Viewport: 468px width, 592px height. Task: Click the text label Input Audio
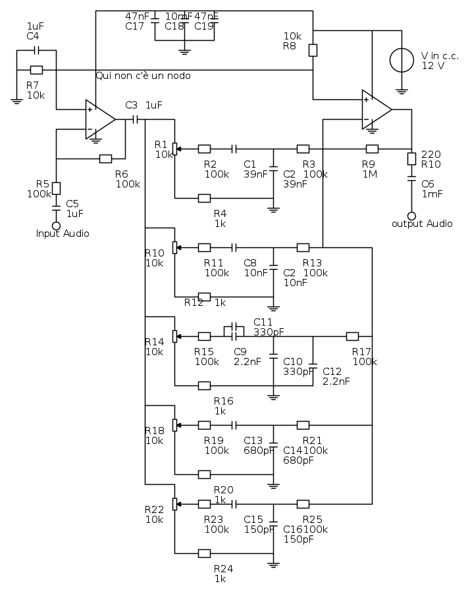[x=62, y=234]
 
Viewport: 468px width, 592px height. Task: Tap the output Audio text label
[x=422, y=224]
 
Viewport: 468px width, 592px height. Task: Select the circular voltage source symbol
[x=402, y=60]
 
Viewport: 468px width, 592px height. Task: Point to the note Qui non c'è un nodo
[x=143, y=76]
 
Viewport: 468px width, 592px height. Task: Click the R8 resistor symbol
[x=313, y=50]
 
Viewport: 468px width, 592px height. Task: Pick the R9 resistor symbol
[x=372, y=149]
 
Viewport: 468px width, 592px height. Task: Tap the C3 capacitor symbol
[x=136, y=119]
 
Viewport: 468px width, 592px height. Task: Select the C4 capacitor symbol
[x=37, y=50]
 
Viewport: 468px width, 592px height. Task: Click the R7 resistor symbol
[x=37, y=70]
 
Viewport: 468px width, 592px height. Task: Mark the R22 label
[x=154, y=509]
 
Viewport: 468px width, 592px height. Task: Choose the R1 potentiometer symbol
[x=175, y=149]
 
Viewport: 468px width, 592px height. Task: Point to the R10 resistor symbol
[x=412, y=159]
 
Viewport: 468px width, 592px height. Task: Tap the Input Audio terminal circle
[x=56, y=225]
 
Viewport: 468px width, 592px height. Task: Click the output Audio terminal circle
[x=412, y=216]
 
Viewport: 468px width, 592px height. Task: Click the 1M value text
[x=369, y=174]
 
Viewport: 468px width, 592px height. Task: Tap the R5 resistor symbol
[x=56, y=188]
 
